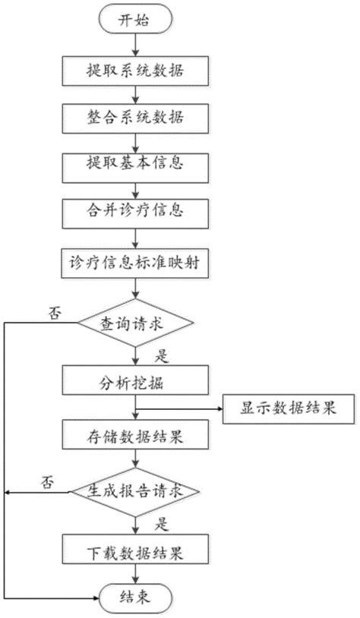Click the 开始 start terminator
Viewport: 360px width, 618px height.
pos(134,21)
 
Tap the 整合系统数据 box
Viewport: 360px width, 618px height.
pos(134,118)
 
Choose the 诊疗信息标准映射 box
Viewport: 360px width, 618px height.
pos(134,263)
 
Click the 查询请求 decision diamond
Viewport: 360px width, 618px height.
pos(135,323)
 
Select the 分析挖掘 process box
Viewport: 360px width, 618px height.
pos(134,380)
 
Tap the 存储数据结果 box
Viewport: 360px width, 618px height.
pos(134,437)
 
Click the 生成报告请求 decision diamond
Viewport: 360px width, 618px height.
pos(136,493)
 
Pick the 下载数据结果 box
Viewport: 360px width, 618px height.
pos(134,550)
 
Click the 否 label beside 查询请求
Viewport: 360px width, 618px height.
pos(55,312)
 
